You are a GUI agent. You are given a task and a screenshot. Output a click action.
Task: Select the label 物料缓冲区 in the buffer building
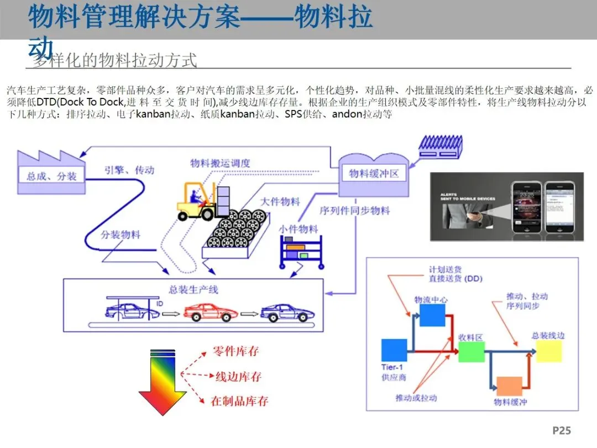pyautogui.click(x=374, y=174)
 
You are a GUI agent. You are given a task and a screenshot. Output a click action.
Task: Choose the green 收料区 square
pyautogui.click(x=471, y=352)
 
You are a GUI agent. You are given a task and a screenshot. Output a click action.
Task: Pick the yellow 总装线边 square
pyautogui.click(x=548, y=351)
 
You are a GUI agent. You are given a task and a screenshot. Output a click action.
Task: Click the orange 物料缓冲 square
pyautogui.click(x=509, y=386)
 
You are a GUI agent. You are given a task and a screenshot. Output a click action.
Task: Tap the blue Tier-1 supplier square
pyautogui.click(x=394, y=350)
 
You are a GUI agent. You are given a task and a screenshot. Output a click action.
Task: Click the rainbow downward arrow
pyautogui.click(x=163, y=381)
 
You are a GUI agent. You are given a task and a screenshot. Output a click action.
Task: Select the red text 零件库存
pyautogui.click(x=235, y=352)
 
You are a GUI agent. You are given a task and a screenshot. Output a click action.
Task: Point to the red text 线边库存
pyautogui.click(x=238, y=377)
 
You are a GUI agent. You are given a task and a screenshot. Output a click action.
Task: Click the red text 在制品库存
pyautogui.click(x=239, y=402)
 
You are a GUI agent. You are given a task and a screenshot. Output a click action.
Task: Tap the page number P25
pyautogui.click(x=561, y=430)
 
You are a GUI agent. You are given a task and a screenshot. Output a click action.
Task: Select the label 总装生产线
pyautogui.click(x=193, y=289)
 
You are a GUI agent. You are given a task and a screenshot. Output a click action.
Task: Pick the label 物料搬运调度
pyautogui.click(x=220, y=163)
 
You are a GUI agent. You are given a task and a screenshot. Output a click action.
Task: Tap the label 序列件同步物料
pyautogui.click(x=354, y=211)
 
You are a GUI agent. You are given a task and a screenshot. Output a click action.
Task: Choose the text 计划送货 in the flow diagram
pyautogui.click(x=444, y=269)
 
